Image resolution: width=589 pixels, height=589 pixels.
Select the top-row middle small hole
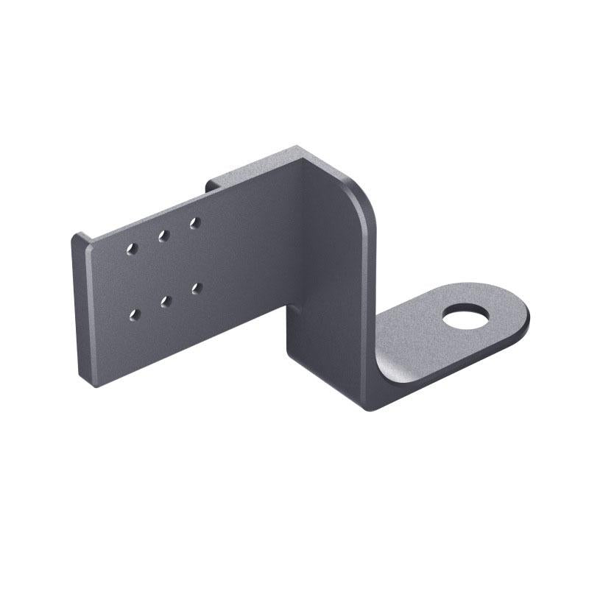pos(163,236)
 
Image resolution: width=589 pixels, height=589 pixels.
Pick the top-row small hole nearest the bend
pos(194,222)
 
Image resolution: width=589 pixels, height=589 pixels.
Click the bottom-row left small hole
pos(134,315)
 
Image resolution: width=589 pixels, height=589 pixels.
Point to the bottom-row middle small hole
pos(166,301)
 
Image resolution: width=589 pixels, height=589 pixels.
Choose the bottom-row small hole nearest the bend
pos(197,288)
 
